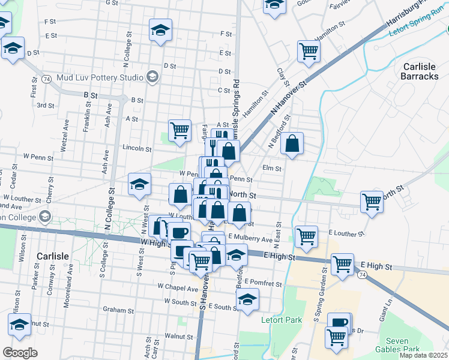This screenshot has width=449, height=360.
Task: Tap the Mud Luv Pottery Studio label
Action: pos(99,77)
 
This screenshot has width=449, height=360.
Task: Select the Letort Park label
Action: pos(282,320)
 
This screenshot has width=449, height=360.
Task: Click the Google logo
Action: pos(20,353)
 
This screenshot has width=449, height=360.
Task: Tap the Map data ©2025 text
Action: pos(423,355)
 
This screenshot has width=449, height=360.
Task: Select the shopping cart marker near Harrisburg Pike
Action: pos(309,51)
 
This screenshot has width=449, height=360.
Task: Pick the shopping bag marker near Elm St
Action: pos(292,143)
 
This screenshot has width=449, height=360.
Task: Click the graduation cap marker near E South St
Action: pos(247,299)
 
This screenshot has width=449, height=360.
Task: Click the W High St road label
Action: pos(153,242)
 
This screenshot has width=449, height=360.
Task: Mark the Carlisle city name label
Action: pos(52,256)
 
